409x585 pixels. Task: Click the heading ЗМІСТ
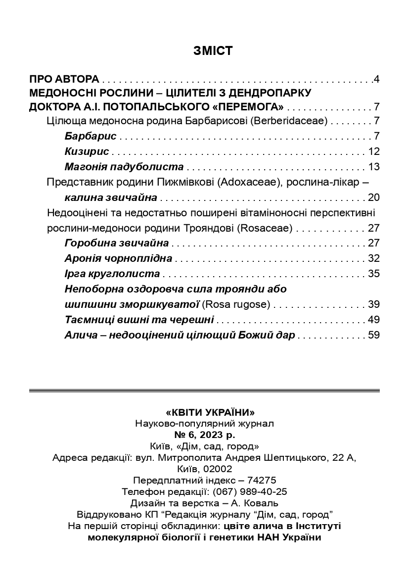click(x=204, y=50)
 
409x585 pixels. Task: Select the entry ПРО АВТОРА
click(x=65, y=79)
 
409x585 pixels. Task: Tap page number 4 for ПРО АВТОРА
click(x=376, y=79)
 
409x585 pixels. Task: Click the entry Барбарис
click(x=91, y=136)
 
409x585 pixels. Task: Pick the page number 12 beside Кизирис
click(x=373, y=151)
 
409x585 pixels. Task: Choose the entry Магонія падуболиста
click(x=124, y=166)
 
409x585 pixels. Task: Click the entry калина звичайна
click(x=111, y=198)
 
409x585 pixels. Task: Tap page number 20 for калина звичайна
click(x=373, y=198)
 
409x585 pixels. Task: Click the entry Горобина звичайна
click(x=117, y=243)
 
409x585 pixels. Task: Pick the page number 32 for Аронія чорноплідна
click(x=373, y=258)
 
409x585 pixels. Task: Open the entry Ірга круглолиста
click(x=112, y=274)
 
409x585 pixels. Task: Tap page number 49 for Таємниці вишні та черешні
click(x=373, y=320)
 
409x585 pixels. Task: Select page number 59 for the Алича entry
click(x=373, y=335)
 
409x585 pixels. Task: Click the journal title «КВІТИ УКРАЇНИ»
click(x=204, y=412)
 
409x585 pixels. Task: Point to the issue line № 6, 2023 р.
click(x=205, y=435)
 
